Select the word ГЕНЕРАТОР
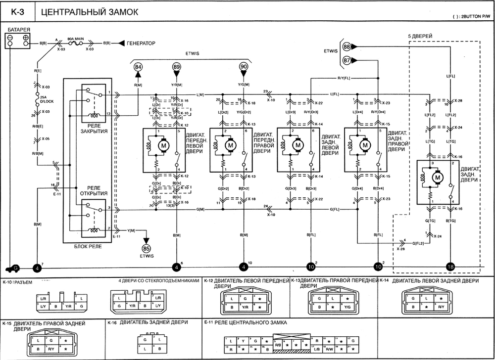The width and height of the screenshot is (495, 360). pyautogui.click(x=141, y=44)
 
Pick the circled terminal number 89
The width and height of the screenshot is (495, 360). pyautogui.click(x=177, y=67)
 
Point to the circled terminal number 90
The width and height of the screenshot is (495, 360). pyautogui.click(x=243, y=67)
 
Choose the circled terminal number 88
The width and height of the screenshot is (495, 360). pyautogui.click(x=347, y=46)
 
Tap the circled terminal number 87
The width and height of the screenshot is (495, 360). pyautogui.click(x=347, y=60)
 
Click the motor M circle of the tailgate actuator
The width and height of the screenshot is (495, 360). pyautogui.click(x=437, y=177)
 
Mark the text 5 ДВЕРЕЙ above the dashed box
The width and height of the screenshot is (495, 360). pyautogui.click(x=421, y=37)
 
